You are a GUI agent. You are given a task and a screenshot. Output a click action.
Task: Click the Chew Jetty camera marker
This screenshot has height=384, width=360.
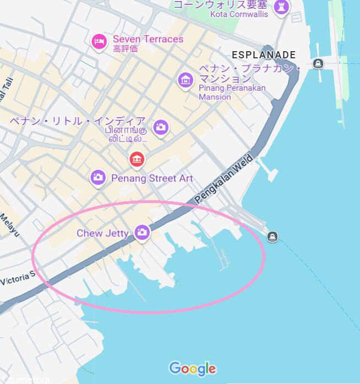(143, 233)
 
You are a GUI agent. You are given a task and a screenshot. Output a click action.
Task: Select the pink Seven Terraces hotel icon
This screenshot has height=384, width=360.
(99, 41)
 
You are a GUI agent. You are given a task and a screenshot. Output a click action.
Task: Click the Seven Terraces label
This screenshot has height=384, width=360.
(148, 39)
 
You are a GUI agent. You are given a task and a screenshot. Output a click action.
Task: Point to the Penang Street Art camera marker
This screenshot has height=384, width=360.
(99, 177)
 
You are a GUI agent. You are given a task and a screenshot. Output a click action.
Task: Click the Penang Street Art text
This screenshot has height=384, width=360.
(152, 178)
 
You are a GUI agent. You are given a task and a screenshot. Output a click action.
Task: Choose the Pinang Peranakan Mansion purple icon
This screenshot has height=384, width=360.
(186, 79)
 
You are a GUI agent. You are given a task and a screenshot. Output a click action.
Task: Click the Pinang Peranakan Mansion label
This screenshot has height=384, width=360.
(231, 92)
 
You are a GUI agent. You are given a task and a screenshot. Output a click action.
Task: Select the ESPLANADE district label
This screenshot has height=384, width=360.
(264, 55)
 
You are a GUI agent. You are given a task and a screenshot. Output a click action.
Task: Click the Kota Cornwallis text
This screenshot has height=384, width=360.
(239, 14)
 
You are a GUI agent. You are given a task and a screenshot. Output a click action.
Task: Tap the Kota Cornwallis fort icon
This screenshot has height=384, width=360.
(282, 7)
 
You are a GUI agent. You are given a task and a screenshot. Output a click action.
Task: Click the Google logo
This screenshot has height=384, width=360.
(192, 368)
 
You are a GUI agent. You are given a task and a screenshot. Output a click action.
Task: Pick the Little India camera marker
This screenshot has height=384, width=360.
(161, 127)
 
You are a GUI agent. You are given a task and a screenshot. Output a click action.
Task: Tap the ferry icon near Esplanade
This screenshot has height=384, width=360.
(318, 64)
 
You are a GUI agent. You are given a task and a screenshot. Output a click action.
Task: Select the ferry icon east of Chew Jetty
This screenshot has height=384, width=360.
(271, 237)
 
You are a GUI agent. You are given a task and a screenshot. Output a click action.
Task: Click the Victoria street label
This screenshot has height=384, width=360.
(17, 278)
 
